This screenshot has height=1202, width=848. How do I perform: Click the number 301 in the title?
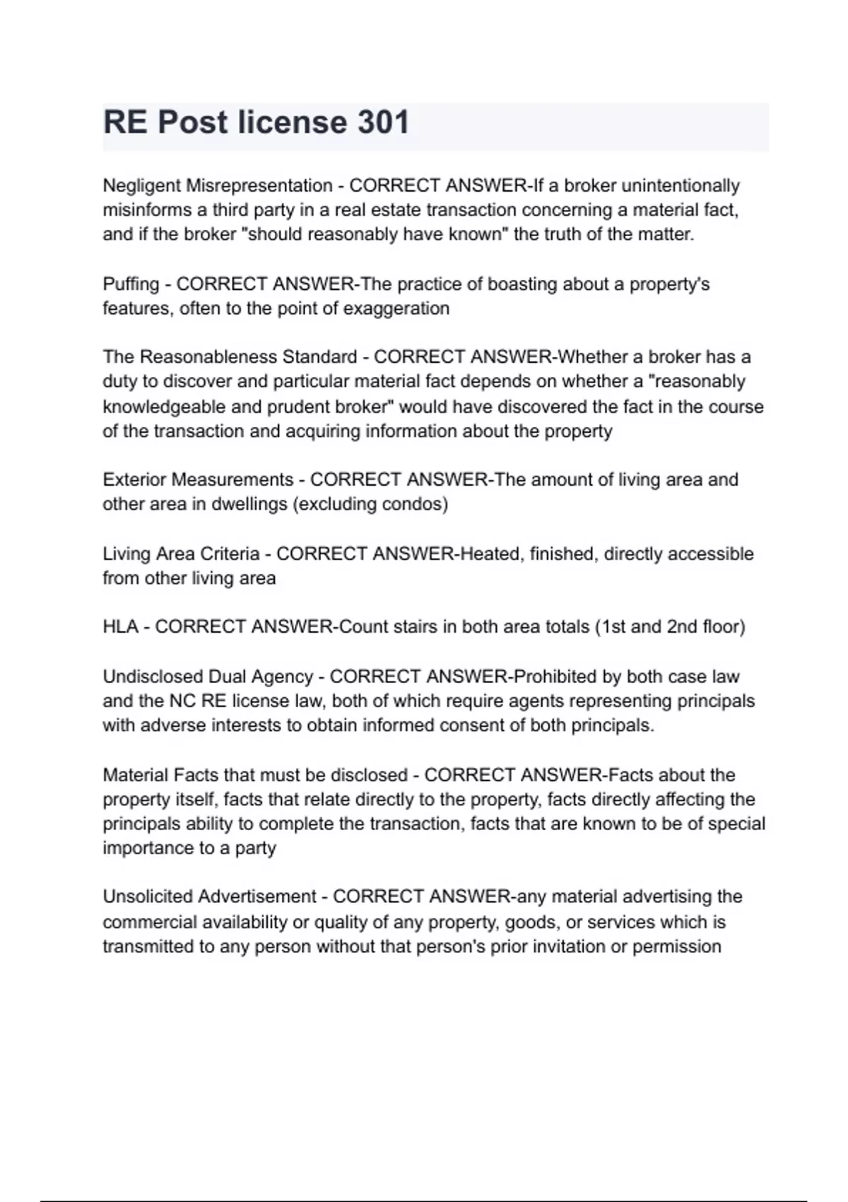pyautogui.click(x=383, y=122)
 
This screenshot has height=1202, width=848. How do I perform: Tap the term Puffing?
pyautogui.click(x=131, y=284)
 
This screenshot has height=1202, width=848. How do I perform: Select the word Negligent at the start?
pyautogui.click(x=141, y=186)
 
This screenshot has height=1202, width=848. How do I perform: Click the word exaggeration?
pyautogui.click(x=396, y=309)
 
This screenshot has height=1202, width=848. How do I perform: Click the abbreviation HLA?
pyautogui.click(x=120, y=627)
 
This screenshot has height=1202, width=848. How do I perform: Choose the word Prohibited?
pyautogui.click(x=555, y=677)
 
